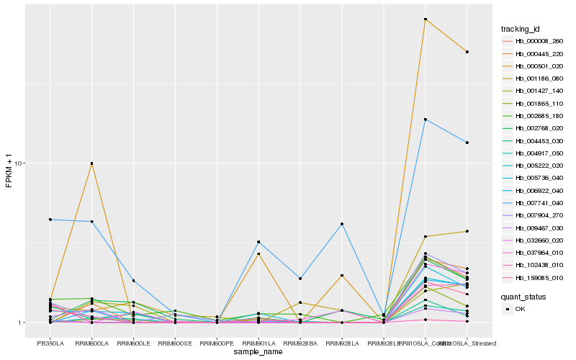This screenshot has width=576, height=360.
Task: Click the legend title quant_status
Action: point(523,296)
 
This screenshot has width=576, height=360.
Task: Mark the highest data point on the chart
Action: point(426,19)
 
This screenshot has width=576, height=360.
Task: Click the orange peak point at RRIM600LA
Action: point(91,163)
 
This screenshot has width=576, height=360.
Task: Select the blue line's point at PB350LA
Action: point(50,220)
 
